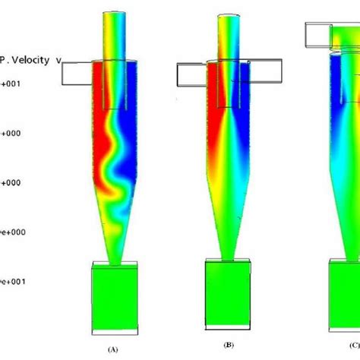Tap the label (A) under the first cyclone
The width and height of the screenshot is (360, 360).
click(x=113, y=350)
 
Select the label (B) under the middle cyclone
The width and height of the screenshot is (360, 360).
click(x=229, y=350)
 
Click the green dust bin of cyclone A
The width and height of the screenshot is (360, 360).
click(x=114, y=299)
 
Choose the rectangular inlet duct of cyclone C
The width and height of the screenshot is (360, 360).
click(x=317, y=33)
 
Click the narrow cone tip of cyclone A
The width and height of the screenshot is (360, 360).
click(x=115, y=254)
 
